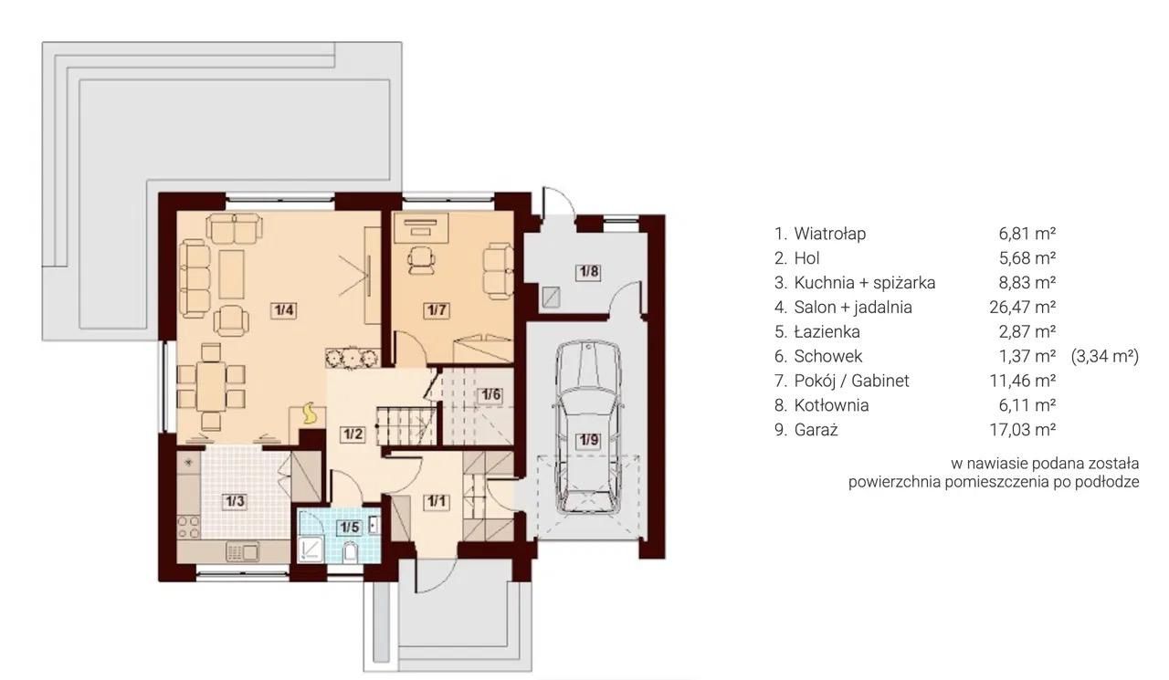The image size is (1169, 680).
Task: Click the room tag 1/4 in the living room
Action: [x=284, y=310]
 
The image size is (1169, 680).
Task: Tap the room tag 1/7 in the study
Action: [x=437, y=310]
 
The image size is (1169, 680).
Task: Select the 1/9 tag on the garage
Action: [x=589, y=440]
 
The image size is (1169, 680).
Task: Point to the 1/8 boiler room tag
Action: [x=588, y=272]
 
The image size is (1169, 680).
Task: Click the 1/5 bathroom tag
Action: [x=349, y=528]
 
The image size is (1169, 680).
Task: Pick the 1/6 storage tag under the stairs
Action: [x=490, y=394]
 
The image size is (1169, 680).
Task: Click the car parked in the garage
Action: [x=589, y=427]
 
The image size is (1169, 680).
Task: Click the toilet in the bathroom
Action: [x=351, y=552]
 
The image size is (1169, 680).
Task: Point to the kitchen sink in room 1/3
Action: [x=243, y=551]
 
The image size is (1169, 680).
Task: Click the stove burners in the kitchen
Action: [x=188, y=527]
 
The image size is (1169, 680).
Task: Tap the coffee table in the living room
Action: [x=232, y=275]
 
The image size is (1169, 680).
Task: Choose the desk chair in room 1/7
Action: [x=421, y=259]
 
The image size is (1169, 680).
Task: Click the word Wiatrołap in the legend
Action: [x=830, y=234]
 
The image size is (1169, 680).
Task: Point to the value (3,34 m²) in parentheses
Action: [x=1105, y=356]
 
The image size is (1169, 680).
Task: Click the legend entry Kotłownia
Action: [x=831, y=405]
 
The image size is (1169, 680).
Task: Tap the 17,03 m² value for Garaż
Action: [x=1023, y=430]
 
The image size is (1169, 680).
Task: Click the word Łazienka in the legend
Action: [x=827, y=331]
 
